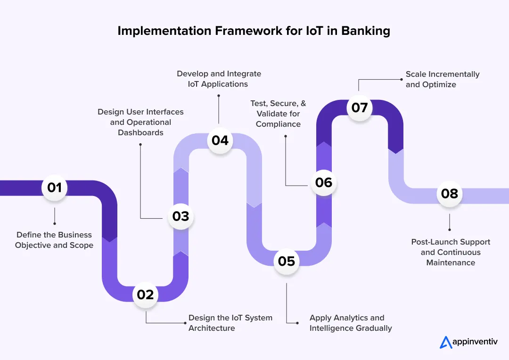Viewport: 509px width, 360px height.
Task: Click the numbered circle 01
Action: pos(55,188)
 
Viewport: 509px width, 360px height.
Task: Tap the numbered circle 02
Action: pos(146,295)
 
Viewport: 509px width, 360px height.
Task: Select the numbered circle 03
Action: pos(181,216)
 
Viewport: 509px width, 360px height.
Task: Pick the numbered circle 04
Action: pos(220,140)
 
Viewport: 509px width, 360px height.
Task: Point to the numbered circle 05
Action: pos(287,261)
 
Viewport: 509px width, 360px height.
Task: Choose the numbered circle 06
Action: pos(324,183)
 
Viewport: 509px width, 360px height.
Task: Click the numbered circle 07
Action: pos(360,108)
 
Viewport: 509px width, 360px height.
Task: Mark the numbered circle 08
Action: pos(450,193)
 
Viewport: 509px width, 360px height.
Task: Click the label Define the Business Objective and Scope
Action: pos(54,240)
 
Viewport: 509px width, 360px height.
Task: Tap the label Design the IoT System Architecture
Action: pos(230,323)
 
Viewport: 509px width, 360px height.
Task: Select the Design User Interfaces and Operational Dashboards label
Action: pos(140,122)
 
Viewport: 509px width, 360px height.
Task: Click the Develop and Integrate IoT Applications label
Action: pos(219,79)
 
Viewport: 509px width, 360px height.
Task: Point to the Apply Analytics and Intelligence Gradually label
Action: pos(350,323)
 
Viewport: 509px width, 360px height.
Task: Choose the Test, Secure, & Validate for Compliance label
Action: pos(278,114)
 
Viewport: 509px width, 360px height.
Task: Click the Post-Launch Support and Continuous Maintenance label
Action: pos(451,252)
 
